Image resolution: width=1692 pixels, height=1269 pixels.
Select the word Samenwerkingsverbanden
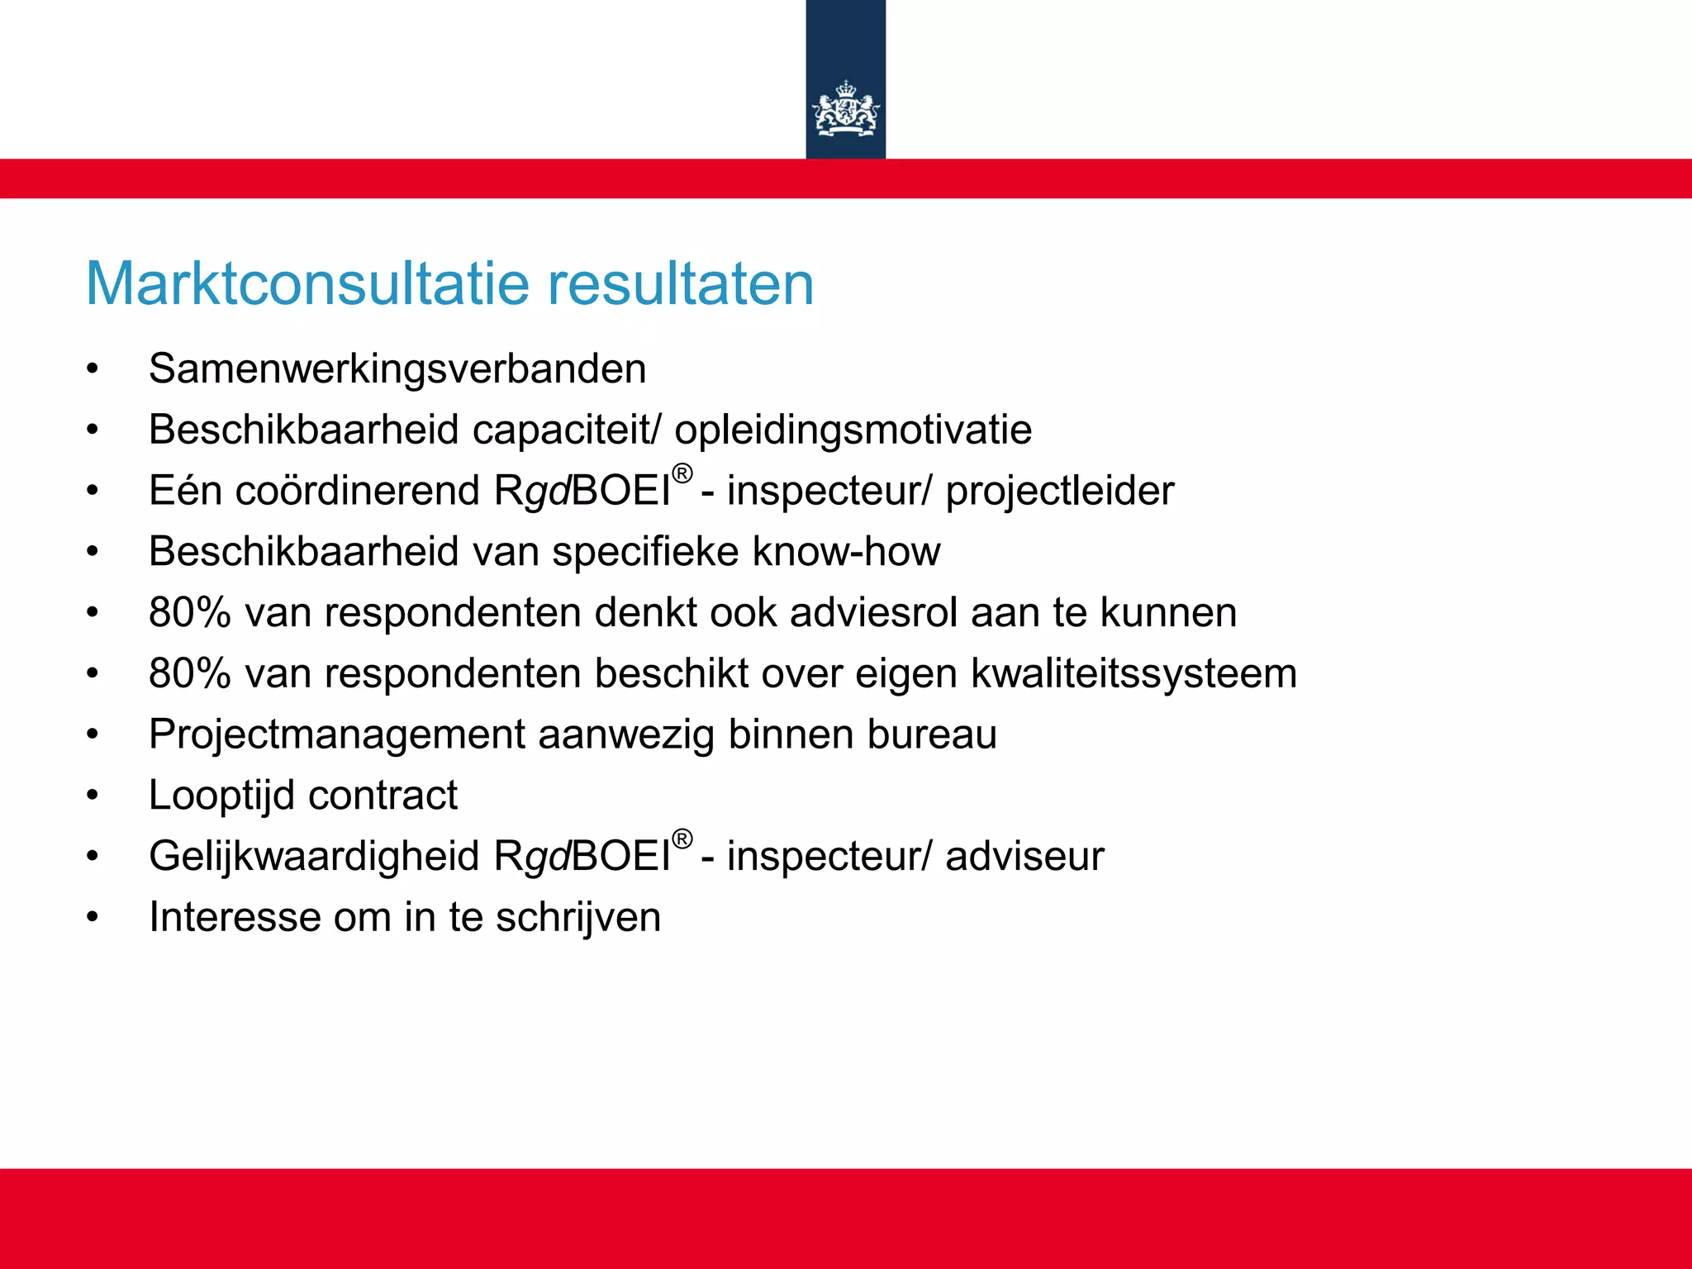397,369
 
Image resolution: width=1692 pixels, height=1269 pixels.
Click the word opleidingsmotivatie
853,430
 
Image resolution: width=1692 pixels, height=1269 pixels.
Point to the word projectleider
1059,491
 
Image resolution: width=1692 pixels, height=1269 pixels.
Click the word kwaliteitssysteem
1134,673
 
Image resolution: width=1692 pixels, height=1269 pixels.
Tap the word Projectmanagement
337,734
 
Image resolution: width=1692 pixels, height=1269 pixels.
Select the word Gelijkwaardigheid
314,856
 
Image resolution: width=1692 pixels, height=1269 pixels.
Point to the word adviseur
1024,856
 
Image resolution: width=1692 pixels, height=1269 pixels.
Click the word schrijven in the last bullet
578,917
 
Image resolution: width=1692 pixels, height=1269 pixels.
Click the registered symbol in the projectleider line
682,474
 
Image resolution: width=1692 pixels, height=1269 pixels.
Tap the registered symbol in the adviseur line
682,839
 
